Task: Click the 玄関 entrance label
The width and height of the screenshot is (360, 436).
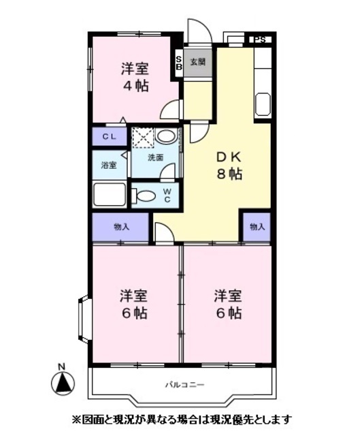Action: click(197, 61)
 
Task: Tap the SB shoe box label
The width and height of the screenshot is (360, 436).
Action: click(179, 63)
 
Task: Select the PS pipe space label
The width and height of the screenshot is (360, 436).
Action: click(259, 40)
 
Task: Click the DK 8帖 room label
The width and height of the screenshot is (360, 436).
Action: click(229, 166)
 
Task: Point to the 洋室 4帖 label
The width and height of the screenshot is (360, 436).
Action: click(135, 77)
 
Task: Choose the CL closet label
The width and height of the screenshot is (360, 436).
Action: click(109, 137)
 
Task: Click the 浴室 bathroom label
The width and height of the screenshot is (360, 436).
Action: click(109, 165)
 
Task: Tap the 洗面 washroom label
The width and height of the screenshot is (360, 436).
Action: click(155, 157)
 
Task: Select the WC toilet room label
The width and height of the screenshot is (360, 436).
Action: click(167, 196)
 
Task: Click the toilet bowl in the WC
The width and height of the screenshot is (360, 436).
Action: click(144, 196)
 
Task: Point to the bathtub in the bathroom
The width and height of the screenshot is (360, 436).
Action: click(109, 194)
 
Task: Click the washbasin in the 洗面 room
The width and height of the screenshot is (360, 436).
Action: click(166, 137)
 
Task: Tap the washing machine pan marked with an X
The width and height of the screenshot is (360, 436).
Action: click(143, 138)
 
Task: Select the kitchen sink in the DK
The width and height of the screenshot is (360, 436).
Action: click(263, 104)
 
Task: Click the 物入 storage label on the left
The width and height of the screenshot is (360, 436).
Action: click(122, 227)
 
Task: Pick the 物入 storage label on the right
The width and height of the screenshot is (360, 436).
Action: click(257, 227)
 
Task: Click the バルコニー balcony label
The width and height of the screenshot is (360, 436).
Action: click(185, 385)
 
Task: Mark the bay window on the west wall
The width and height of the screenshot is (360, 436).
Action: click(83, 320)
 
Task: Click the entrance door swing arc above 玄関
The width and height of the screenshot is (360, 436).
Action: click(204, 27)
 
